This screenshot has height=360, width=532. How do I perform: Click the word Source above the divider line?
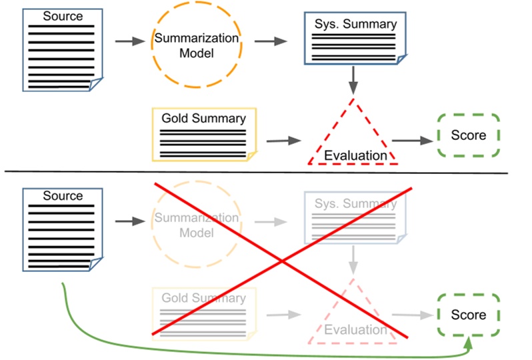click(x=63, y=15)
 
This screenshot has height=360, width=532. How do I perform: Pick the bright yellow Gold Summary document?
click(x=204, y=134)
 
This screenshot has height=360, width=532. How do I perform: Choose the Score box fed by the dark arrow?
click(x=468, y=135)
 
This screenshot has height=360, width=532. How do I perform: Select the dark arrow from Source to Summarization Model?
click(x=130, y=41)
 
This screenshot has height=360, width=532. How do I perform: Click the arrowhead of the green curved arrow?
click(x=469, y=343)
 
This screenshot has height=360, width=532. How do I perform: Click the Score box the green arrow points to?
click(x=468, y=315)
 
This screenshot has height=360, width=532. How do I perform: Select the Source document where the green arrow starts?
click(x=63, y=230)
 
